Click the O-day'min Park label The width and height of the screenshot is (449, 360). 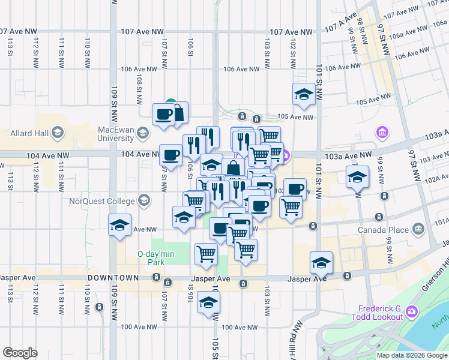coord(155,258)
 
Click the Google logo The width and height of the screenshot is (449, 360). coord(20,353)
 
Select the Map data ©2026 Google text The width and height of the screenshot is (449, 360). coord(412,355)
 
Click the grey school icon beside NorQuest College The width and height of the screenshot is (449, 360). coord(143,200)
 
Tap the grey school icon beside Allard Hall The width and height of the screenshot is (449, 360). coord(58,131)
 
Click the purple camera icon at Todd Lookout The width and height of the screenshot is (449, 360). coord(411,311)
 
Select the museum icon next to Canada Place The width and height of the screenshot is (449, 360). coord(419,229)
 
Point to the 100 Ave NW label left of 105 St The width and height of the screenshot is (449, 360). coord(139,327)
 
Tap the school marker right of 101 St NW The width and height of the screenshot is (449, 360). coord(357,176)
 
